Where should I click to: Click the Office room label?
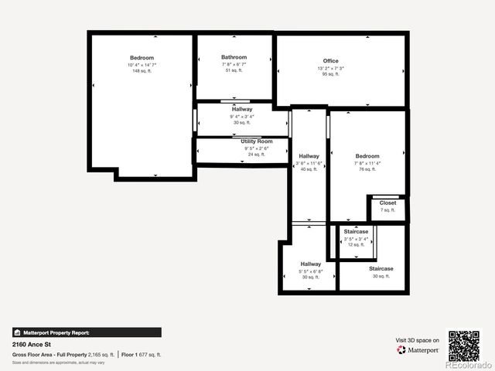click(x=330, y=61)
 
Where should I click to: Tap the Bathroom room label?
click(x=234, y=57)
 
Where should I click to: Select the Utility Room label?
click(x=257, y=141)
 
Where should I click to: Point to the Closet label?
click(x=387, y=203)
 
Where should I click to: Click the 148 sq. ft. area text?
click(x=142, y=71)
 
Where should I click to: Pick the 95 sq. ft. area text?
click(x=330, y=74)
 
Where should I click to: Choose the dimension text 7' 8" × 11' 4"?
click(x=367, y=163)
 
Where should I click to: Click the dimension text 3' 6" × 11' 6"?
click(x=309, y=163)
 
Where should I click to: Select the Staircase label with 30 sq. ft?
click(x=381, y=268)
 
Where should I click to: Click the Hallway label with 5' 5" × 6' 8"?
click(x=311, y=264)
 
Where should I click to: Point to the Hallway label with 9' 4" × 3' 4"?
click(x=241, y=110)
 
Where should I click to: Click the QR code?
click(x=464, y=346)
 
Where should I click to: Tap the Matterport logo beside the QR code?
click(x=418, y=349)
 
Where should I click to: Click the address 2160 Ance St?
click(x=32, y=345)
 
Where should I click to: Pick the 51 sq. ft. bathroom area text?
click(x=234, y=70)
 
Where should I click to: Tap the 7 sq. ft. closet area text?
click(x=387, y=210)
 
